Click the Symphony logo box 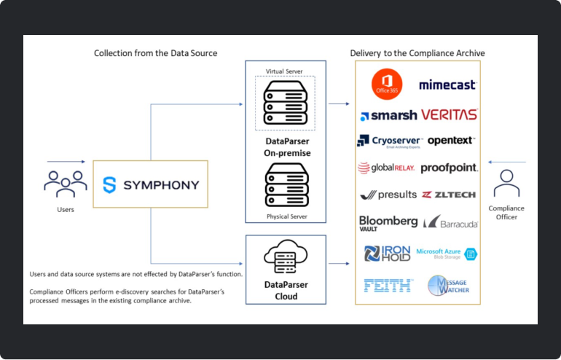point(150,184)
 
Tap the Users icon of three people point(66,184)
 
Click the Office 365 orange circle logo point(386,85)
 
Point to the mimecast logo point(447,85)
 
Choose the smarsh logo point(388,115)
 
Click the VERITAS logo point(449,114)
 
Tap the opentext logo point(451,140)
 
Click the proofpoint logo point(449,168)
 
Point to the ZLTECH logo point(450,195)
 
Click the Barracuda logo point(450,222)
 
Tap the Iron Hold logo point(388,253)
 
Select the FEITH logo point(388,285)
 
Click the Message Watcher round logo point(448,285)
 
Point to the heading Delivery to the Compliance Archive point(417,53)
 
